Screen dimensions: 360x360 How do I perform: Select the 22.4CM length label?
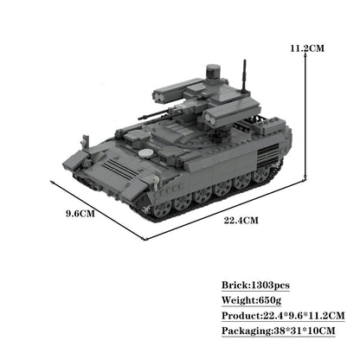click(242, 220)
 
